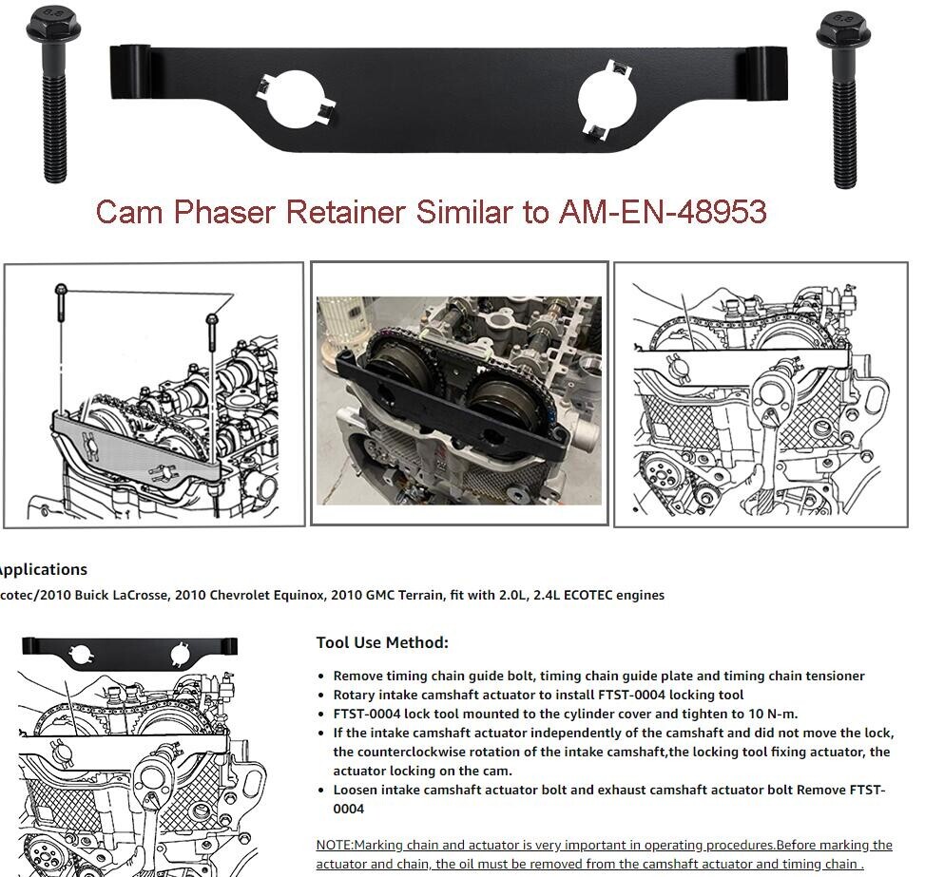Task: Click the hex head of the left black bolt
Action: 53,25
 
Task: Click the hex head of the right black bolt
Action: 843,28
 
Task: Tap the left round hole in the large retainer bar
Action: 296,99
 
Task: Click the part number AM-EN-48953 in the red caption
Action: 663,211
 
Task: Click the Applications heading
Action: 43,570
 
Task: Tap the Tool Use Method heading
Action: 382,642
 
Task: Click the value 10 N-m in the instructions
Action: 773,714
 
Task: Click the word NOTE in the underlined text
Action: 334,845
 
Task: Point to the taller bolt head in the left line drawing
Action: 61,289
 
